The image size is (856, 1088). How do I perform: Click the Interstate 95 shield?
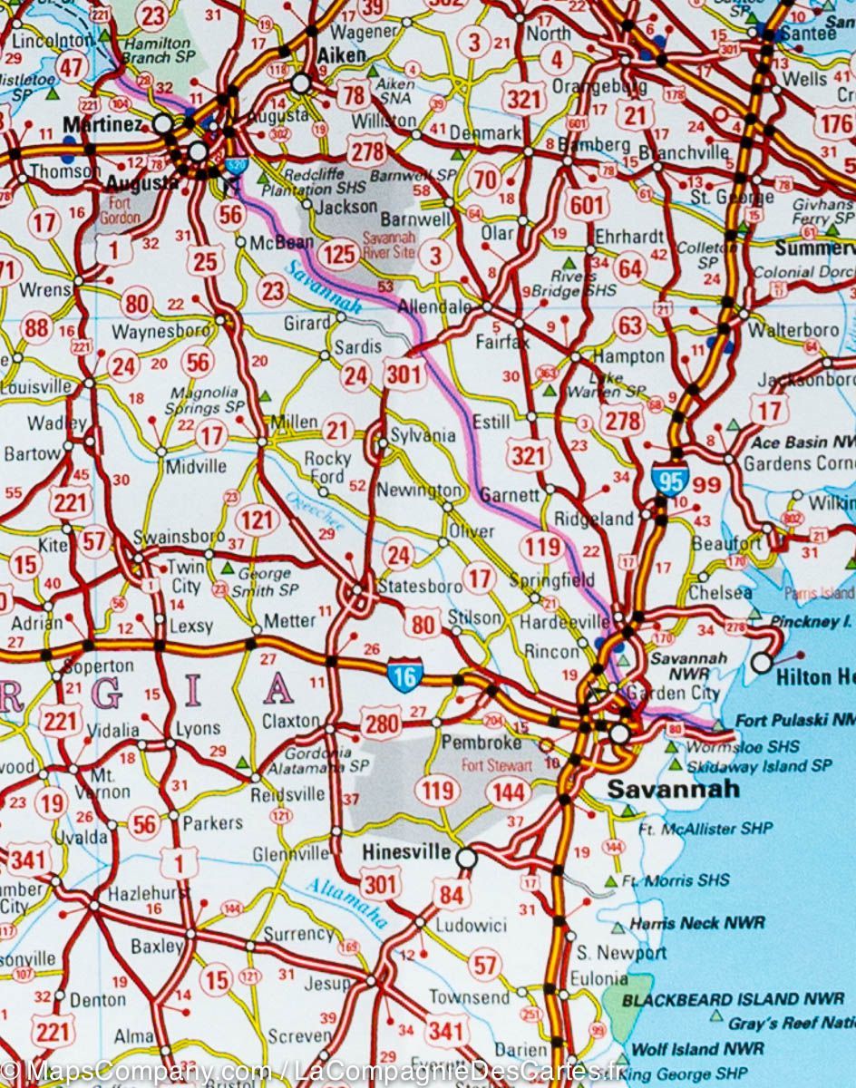(x=669, y=478)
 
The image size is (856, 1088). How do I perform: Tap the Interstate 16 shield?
(x=404, y=675)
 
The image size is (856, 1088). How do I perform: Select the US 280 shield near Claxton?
(x=381, y=724)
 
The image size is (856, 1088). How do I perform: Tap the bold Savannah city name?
(x=673, y=789)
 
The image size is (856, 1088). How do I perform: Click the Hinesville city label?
(x=405, y=852)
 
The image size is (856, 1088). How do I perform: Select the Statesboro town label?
(x=420, y=586)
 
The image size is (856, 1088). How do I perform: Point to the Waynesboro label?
(x=160, y=332)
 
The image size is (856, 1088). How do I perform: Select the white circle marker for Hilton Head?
(x=762, y=663)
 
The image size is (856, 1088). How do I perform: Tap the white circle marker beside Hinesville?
(x=466, y=857)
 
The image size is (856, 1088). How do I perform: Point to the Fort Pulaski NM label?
(x=793, y=721)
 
